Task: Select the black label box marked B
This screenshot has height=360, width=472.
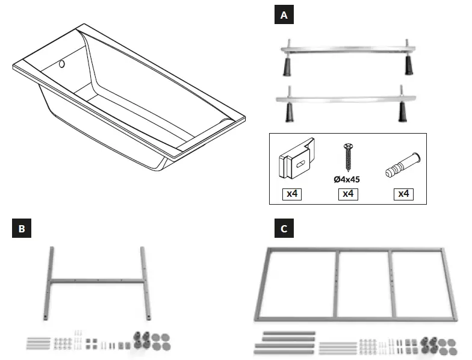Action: [22, 229]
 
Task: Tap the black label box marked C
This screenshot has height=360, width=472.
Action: [284, 229]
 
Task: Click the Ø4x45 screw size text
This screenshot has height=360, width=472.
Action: [347, 179]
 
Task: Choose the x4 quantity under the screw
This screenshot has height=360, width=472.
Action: [348, 194]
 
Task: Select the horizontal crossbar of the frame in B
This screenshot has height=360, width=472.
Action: [97, 280]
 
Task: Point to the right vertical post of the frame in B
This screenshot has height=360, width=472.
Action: [144, 282]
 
